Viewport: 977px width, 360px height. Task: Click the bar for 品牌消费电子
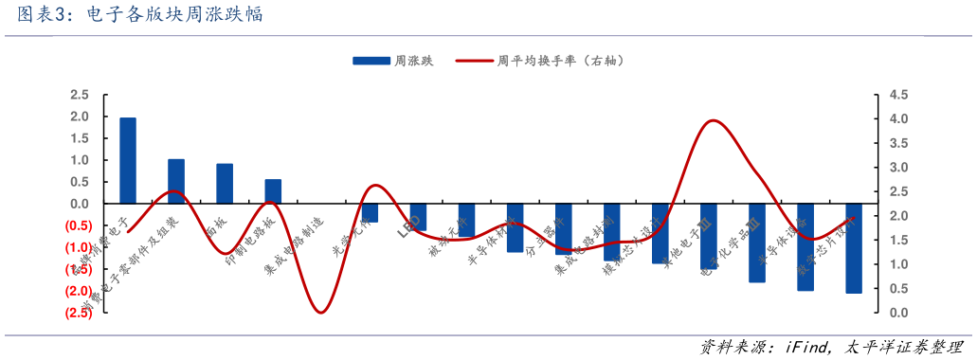[x=127, y=160]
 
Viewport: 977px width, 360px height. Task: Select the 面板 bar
[x=225, y=184]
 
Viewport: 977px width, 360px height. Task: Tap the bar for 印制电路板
[x=273, y=191]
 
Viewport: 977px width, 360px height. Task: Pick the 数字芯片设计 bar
[x=854, y=248]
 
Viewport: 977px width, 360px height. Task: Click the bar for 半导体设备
[x=805, y=246]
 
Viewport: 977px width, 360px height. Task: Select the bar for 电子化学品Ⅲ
[x=756, y=243]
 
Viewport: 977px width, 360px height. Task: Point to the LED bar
[x=418, y=217]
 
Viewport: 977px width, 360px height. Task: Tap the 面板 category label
[x=217, y=226]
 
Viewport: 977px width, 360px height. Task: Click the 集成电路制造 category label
[x=294, y=246]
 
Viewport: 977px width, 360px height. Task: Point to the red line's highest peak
[x=713, y=120]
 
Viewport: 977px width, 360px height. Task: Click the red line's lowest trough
[x=321, y=312]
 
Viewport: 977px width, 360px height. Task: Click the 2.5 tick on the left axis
[x=80, y=95]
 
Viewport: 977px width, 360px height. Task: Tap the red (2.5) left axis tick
[x=78, y=313]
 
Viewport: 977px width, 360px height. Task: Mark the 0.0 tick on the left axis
[x=80, y=204]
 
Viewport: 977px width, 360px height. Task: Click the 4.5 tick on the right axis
[x=899, y=95]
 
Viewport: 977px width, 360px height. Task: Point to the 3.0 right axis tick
[x=899, y=168]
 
